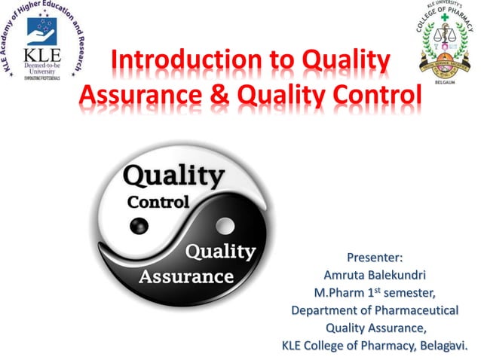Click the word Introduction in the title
tap(174, 63)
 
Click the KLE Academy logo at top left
tap(44, 41)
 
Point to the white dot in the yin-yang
tap(224, 224)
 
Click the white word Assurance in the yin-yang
tap(185, 276)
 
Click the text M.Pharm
tap(338, 294)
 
